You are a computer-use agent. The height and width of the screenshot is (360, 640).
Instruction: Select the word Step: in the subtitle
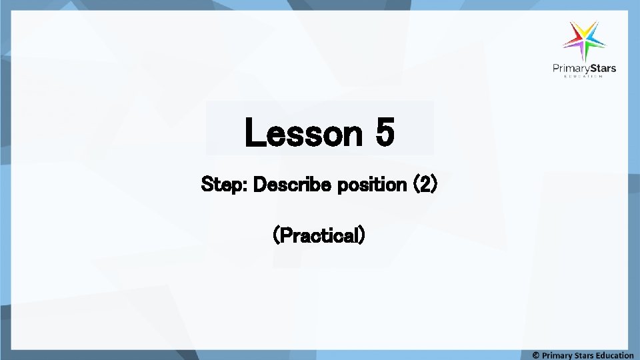coord(225,184)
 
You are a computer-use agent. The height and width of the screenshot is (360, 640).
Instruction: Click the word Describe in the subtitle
coord(293,184)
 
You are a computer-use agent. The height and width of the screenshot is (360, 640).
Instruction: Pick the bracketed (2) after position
coord(425,184)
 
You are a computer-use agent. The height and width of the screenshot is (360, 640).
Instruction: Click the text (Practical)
coord(319,235)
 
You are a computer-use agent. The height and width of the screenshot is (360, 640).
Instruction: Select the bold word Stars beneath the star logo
coord(601,68)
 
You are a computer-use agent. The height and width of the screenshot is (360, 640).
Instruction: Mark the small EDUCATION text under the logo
coord(583,77)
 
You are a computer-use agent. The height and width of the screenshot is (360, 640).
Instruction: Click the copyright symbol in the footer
coord(536,355)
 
